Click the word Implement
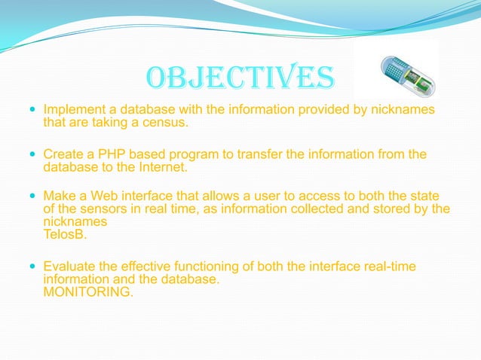tap(75, 111)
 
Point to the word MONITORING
tap(89, 292)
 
